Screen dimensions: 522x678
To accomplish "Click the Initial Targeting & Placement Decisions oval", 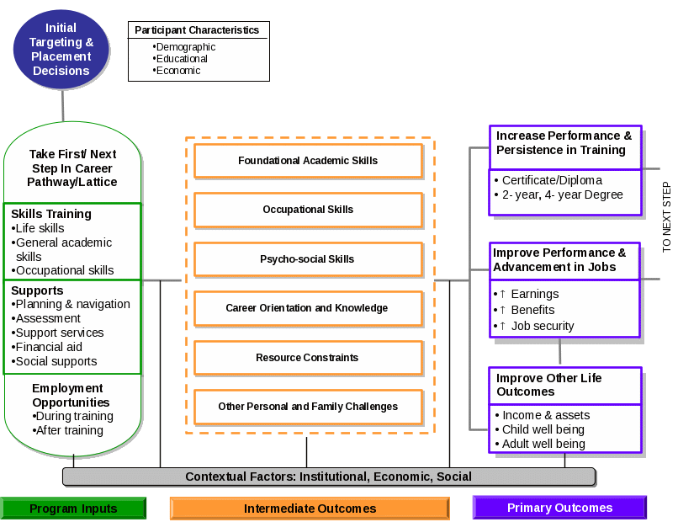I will [x=61, y=50].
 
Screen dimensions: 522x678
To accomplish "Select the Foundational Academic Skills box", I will [x=308, y=160].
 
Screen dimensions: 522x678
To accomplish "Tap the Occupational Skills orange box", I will [x=308, y=210].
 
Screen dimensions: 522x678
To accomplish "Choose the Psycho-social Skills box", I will [x=308, y=259].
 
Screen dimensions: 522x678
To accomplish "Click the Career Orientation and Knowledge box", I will [x=308, y=308].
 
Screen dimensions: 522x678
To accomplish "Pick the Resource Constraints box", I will [x=308, y=358].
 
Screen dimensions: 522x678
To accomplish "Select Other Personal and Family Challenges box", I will [x=308, y=407].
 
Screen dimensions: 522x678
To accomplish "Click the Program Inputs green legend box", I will [x=73, y=508].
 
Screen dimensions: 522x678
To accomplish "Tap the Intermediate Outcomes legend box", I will [x=310, y=509].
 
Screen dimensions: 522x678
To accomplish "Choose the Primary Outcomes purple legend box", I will [x=559, y=508].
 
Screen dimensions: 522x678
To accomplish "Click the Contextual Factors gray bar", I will [x=328, y=477].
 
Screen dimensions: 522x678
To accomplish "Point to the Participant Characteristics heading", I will [x=197, y=30].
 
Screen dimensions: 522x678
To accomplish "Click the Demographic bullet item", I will [x=185, y=47].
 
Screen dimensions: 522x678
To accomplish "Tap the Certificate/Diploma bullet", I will [x=551, y=180].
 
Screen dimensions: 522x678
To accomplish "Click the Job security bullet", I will [x=542, y=326].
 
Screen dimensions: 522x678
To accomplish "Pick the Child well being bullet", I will [x=543, y=429].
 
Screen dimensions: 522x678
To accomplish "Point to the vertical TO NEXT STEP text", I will [x=667, y=217].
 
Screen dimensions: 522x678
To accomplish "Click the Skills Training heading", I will [x=51, y=214].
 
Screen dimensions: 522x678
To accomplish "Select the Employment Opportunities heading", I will [x=67, y=396].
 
